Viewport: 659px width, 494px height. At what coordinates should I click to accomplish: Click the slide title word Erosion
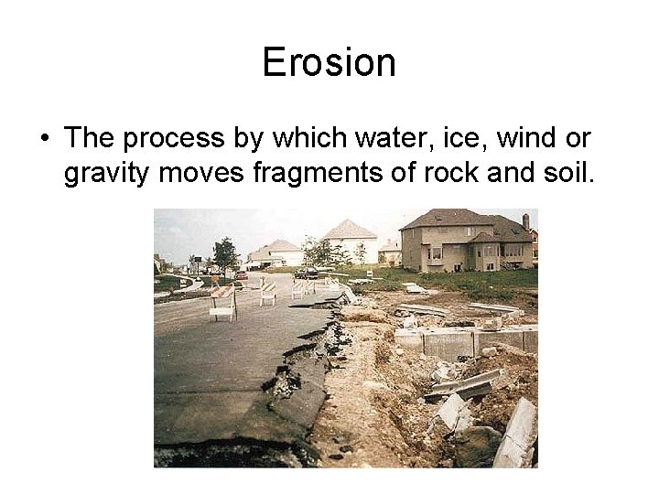[329, 62]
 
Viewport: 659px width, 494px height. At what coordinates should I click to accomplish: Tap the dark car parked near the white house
[307, 273]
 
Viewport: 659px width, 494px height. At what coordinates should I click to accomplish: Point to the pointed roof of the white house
[349, 229]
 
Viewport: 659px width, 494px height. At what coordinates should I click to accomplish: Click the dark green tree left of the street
[224, 252]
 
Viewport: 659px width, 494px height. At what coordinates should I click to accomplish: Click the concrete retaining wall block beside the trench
[448, 343]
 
